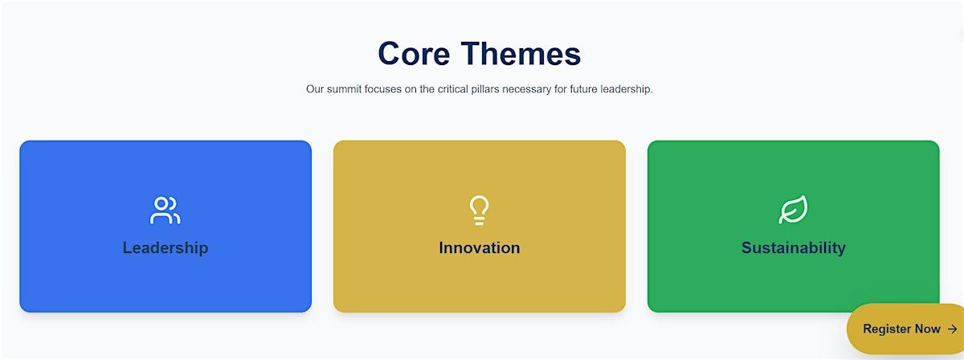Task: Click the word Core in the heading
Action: [x=414, y=54]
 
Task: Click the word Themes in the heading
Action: [x=521, y=54]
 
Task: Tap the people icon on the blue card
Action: [x=165, y=211]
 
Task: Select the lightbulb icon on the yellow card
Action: [x=479, y=211]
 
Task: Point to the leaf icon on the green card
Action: [x=793, y=210]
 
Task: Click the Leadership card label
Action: [x=165, y=248]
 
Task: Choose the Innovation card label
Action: [x=480, y=248]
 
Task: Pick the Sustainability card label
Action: [x=794, y=248]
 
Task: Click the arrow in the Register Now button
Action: [x=953, y=329]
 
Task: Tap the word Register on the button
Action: [x=887, y=329]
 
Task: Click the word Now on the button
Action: [x=927, y=329]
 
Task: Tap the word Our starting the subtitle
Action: [x=315, y=89]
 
